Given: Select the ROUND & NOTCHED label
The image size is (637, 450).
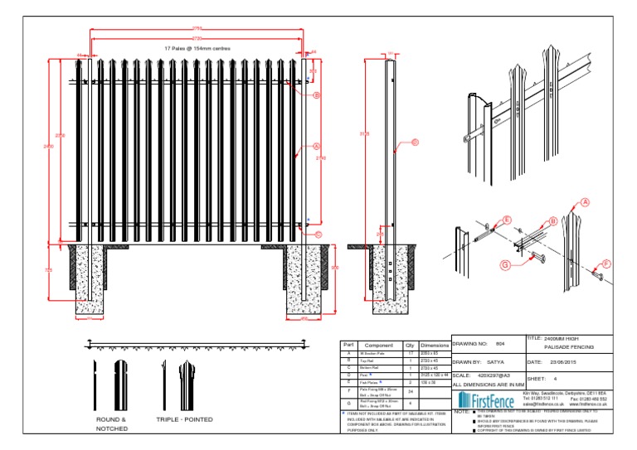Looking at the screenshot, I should click(x=111, y=423).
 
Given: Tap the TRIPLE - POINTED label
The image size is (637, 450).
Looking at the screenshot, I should click(x=183, y=420).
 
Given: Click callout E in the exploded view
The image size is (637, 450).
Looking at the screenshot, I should click(x=506, y=221).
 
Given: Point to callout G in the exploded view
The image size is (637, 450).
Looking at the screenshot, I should click(x=504, y=265).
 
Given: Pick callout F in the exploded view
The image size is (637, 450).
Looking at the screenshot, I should click(x=605, y=264).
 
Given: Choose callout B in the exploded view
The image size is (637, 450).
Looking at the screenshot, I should click(x=552, y=221).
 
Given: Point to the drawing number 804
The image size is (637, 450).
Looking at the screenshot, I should click(x=500, y=342).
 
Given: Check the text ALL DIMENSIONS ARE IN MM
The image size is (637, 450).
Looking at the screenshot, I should click(x=489, y=385).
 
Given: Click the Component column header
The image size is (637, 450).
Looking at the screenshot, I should click(x=379, y=345).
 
